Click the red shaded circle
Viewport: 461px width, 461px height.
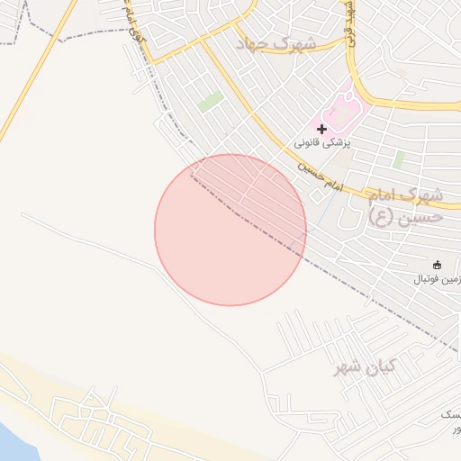coord(230,230)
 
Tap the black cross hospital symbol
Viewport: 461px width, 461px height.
coord(322,129)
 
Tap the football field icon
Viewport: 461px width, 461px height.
coord(438,265)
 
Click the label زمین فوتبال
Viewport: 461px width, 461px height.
coord(437,279)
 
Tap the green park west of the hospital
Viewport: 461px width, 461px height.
coord(211,101)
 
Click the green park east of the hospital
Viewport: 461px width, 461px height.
coord(398,159)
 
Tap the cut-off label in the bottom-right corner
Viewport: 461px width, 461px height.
coord(451,421)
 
